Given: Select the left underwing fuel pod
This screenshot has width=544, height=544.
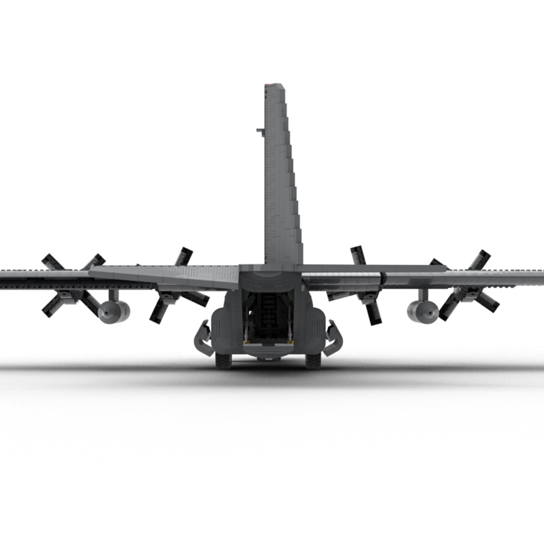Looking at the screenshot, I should point(114,312).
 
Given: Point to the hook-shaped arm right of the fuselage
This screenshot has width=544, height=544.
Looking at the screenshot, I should point(334,336).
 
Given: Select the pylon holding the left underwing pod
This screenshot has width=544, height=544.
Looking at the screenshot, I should point(115,295).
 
